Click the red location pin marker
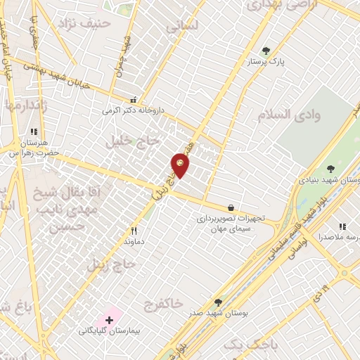(180, 165)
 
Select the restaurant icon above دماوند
(134, 230)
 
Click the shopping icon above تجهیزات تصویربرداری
(231, 207)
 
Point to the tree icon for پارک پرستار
(266, 51)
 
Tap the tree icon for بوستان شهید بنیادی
(330, 169)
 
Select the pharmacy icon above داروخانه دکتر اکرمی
(133, 100)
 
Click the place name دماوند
(134, 241)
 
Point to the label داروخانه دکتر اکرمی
(133, 110)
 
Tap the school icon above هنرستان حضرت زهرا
(32, 131)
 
